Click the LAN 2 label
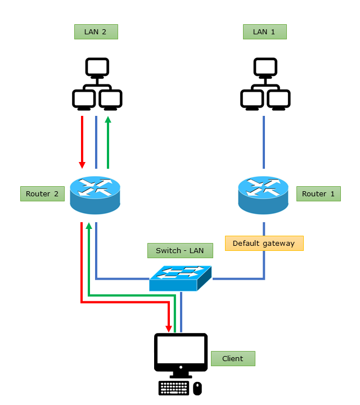(x=96, y=31)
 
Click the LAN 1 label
(x=264, y=31)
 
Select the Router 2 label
(x=42, y=194)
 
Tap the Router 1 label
(x=318, y=194)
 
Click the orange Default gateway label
(x=264, y=243)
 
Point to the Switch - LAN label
(x=180, y=250)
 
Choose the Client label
(x=233, y=358)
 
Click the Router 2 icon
(x=95, y=195)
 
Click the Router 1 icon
(x=263, y=195)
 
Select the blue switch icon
(x=180, y=278)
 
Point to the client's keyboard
(x=174, y=388)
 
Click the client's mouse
(x=197, y=388)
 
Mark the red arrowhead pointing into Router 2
(x=82, y=164)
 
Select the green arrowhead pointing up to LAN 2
(x=108, y=120)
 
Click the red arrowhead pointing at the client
(x=168, y=327)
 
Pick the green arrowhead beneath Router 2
(x=88, y=226)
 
